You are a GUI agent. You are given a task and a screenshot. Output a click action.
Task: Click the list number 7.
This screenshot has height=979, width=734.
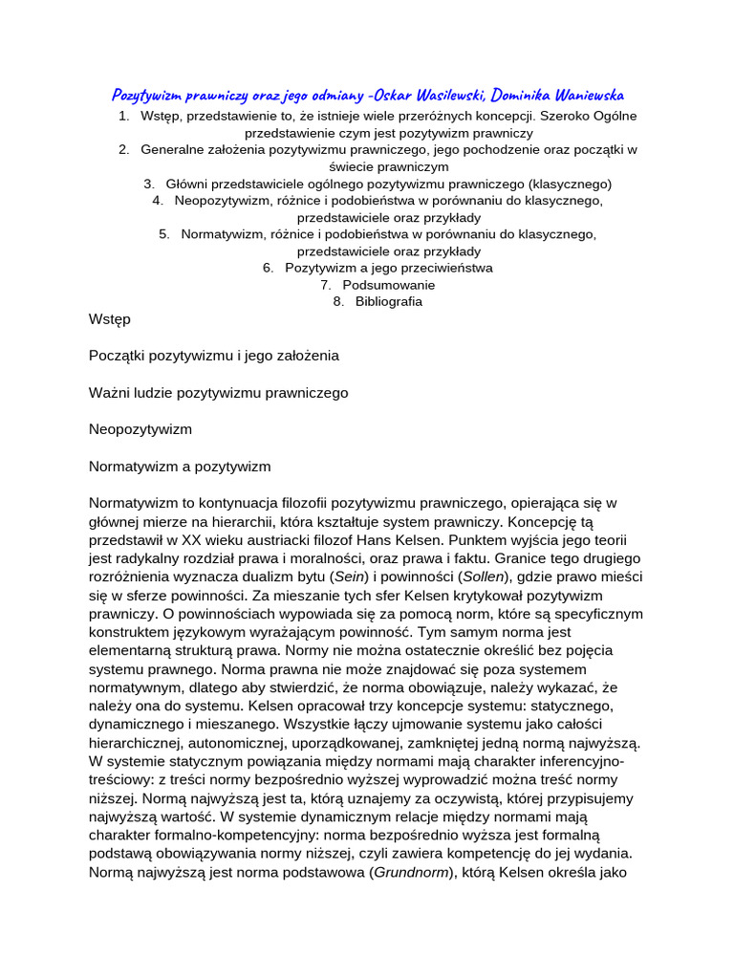(x=325, y=285)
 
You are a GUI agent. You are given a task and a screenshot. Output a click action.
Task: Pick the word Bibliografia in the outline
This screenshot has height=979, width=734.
(x=389, y=301)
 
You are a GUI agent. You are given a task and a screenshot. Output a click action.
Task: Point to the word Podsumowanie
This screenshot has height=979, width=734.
(x=389, y=285)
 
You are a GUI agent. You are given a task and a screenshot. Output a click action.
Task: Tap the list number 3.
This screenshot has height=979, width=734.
(x=149, y=184)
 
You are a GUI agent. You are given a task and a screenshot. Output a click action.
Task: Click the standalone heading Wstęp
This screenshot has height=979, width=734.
(x=109, y=318)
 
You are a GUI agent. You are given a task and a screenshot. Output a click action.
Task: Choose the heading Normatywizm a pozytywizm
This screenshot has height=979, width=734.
(x=180, y=467)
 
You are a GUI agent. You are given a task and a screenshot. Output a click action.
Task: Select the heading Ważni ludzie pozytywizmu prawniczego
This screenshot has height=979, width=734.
(x=218, y=392)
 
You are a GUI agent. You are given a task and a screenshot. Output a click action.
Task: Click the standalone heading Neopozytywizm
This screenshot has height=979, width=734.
(x=140, y=429)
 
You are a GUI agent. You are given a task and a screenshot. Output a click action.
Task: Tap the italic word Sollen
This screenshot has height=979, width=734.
(x=484, y=577)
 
